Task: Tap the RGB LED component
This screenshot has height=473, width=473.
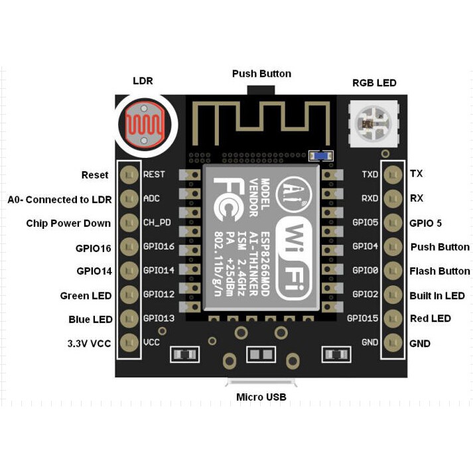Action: tap(373, 122)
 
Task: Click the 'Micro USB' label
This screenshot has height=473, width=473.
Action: tap(261, 397)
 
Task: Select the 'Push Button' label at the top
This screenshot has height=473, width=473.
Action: tap(261, 74)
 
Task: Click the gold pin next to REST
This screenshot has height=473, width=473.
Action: tap(129, 175)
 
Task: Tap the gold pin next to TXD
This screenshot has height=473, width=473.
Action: tap(393, 174)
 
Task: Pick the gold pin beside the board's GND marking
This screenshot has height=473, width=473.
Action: tap(393, 343)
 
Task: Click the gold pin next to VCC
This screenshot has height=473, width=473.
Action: tap(129, 343)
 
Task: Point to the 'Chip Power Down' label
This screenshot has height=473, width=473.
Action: tap(68, 223)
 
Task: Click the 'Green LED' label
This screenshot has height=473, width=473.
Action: tap(86, 296)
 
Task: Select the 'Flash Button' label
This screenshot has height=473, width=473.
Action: tap(440, 271)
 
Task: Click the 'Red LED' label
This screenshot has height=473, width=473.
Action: tap(431, 318)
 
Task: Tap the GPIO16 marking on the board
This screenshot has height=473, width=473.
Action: tap(159, 247)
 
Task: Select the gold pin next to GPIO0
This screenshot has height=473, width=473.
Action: tap(393, 271)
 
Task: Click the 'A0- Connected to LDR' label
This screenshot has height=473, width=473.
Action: tap(60, 199)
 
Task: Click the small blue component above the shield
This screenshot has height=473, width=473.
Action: tap(321, 156)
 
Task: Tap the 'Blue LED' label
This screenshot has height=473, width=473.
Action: tap(90, 319)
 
